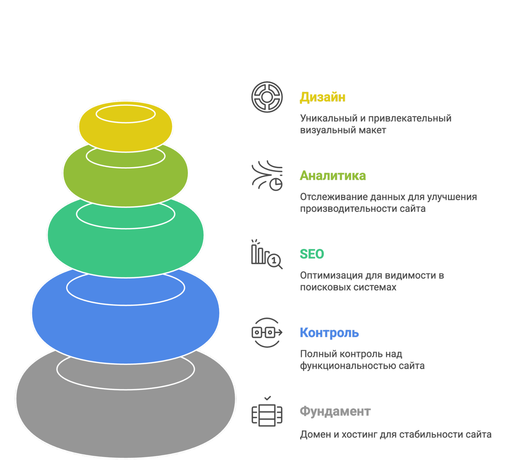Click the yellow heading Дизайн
(322, 97)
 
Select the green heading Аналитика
(333, 176)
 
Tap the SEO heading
(312, 254)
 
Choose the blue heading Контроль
(329, 333)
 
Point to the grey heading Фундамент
(335, 411)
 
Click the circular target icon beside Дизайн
(267, 97)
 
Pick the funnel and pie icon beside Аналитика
(267, 176)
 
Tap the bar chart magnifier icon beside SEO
(266, 254)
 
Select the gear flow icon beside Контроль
(267, 333)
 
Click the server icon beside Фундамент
(267, 414)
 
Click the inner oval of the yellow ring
(126, 114)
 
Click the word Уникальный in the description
(329, 118)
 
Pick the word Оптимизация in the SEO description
(331, 275)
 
